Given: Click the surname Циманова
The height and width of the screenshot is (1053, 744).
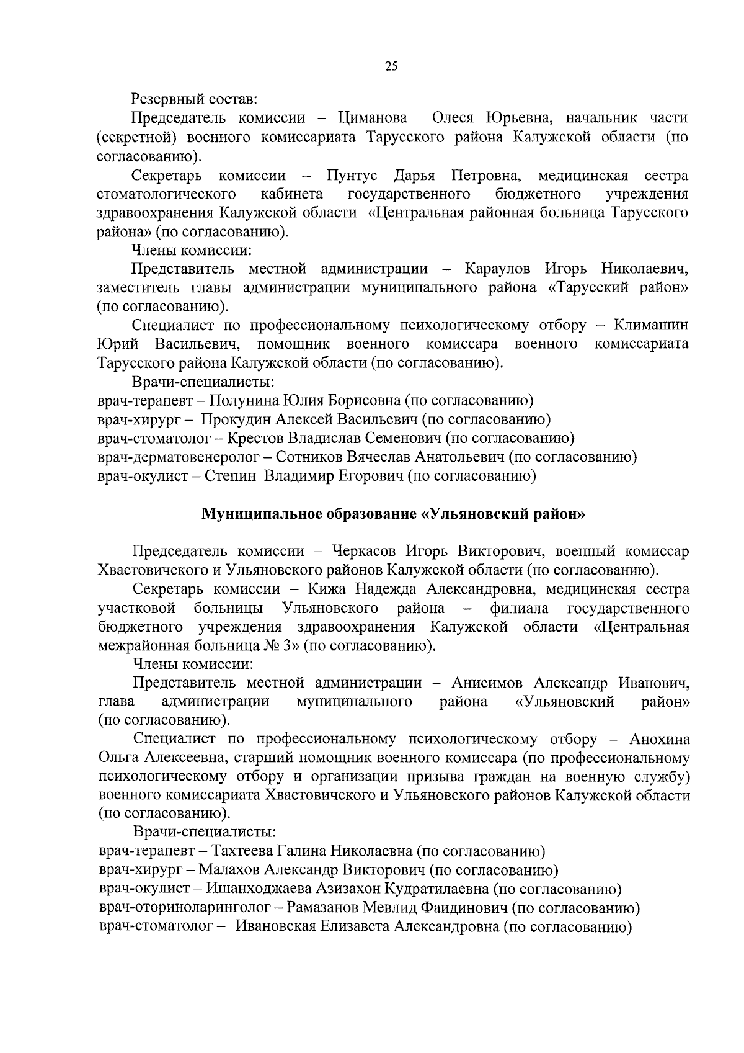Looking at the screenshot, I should point(373,118).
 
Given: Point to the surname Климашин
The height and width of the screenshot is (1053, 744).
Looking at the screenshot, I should point(650,325).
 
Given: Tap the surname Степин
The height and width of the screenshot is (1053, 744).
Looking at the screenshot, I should point(232,476).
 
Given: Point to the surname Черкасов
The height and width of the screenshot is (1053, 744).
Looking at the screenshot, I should point(365,551).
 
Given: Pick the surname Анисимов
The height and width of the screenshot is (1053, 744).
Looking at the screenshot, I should point(489,683).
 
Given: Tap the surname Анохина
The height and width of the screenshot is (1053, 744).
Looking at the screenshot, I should point(659,739).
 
